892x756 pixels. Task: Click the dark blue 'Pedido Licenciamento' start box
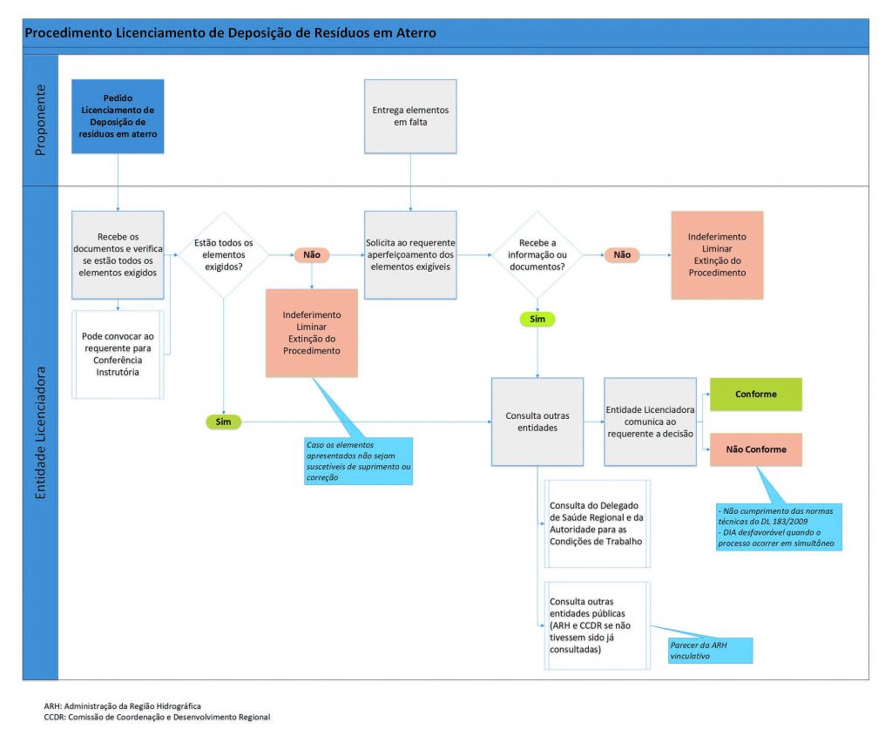(x=118, y=117)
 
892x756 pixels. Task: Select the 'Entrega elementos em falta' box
(x=410, y=117)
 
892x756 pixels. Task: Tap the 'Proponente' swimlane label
(x=40, y=119)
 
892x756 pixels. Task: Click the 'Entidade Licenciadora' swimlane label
(x=40, y=432)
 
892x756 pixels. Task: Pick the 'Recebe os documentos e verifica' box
(x=118, y=254)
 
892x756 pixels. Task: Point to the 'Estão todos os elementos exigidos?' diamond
(x=224, y=254)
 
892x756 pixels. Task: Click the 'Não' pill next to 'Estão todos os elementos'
(x=311, y=255)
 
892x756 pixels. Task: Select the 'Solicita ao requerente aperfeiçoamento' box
(x=410, y=254)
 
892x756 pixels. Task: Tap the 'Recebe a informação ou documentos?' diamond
(x=537, y=254)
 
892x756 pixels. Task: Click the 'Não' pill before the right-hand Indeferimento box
(x=622, y=255)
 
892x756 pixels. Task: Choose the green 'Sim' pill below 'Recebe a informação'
(x=537, y=320)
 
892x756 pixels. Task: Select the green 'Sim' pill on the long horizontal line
(x=224, y=422)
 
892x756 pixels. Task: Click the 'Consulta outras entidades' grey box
(x=537, y=422)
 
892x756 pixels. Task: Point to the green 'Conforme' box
(x=755, y=395)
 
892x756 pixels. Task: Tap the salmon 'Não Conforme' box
(x=755, y=449)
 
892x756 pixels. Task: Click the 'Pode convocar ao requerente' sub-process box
(x=118, y=354)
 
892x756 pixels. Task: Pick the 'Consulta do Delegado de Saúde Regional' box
(x=596, y=523)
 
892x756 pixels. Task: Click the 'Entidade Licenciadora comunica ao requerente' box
(x=650, y=422)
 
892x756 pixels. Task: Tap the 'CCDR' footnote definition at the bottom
(x=157, y=718)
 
